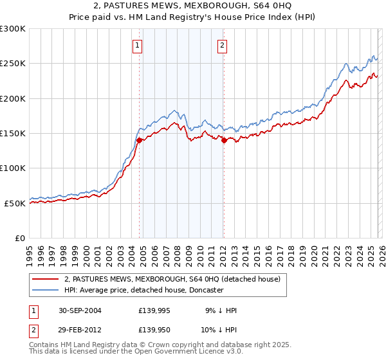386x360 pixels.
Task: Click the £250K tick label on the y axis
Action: pos(13,64)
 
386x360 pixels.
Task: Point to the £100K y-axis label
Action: pos(13,168)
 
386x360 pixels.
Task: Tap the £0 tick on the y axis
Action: pos(21,238)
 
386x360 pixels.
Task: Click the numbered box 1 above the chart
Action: pos(138,45)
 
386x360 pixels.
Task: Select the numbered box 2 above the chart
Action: pos(222,45)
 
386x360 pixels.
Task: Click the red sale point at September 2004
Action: pos(140,140)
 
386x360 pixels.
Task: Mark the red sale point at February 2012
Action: pos(224,140)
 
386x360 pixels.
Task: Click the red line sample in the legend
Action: pos(45,279)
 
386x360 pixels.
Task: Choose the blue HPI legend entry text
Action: pos(143,290)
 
